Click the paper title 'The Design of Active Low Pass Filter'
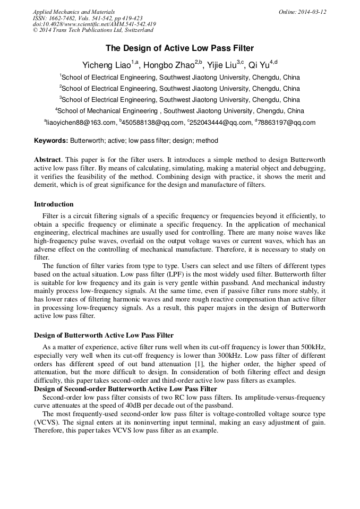pos(179,48)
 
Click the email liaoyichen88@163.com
pos(80,123)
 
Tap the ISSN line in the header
pos(88,18)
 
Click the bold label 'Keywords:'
pos(51,141)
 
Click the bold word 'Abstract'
pos(47,160)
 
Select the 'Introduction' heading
pos(54,204)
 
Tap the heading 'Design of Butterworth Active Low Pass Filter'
pos(104,335)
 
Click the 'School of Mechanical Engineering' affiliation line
pos(181,111)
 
